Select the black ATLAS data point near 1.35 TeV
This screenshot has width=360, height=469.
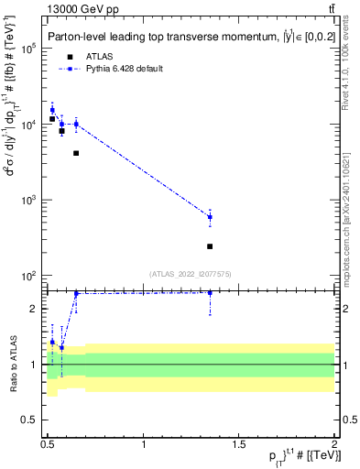coord(210,246)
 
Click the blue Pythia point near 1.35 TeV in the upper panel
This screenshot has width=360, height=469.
coord(210,217)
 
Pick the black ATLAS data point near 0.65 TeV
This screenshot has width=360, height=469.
coord(76,153)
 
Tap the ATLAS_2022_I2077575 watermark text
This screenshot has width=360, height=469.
coord(190,273)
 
